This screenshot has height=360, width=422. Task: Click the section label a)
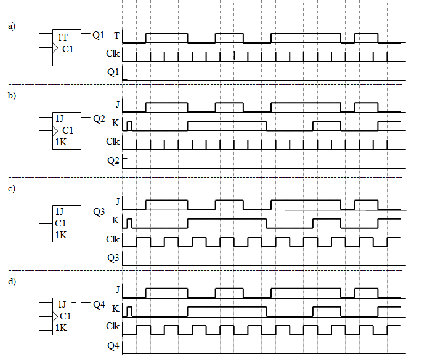[x=12, y=26]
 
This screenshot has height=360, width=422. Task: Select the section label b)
[x=12, y=95]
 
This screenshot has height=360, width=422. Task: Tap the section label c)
[x=12, y=188]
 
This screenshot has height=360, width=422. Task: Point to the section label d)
[x=12, y=281]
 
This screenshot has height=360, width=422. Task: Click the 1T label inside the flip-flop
[x=63, y=37]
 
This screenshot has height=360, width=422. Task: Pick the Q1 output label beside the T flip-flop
[x=98, y=34]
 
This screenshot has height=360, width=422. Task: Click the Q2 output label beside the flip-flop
[x=99, y=119]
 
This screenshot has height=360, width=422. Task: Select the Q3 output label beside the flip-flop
[x=99, y=212]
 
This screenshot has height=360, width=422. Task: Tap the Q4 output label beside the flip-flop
[x=99, y=305]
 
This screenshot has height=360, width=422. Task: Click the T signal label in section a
[x=116, y=36]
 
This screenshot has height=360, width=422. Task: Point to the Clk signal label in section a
[x=113, y=54]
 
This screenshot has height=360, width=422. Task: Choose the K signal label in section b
[x=115, y=123]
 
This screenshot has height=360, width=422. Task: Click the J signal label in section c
[x=117, y=201]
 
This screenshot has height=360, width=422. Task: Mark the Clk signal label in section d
[x=113, y=326]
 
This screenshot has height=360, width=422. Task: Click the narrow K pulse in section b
[x=129, y=126]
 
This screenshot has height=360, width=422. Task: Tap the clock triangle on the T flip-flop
[x=55, y=48]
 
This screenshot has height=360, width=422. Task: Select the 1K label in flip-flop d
[x=61, y=328]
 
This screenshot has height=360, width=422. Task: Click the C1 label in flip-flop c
[x=60, y=223]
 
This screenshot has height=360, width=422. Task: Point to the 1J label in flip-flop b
[x=60, y=118]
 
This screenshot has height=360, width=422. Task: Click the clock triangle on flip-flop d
[x=55, y=317]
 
